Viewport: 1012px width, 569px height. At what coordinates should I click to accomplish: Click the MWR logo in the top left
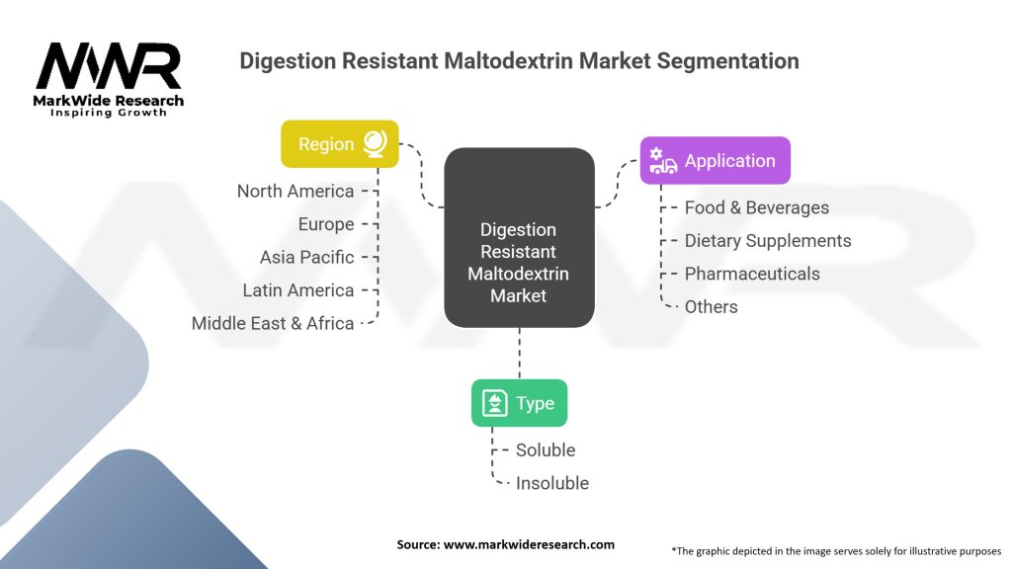point(109,77)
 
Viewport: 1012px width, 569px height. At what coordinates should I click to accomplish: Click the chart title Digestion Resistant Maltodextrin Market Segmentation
point(519,61)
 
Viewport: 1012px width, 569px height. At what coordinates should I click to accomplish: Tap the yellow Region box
point(340,144)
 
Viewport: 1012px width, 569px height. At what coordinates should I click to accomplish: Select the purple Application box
point(715,161)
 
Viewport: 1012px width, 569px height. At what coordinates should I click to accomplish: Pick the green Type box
point(519,403)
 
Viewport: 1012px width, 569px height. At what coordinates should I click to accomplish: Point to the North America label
point(295,191)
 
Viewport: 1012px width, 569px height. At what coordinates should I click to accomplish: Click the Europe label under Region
point(326,224)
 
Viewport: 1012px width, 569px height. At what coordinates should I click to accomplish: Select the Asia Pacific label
point(306,257)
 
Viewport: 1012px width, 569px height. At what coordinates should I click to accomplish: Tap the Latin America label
point(298,290)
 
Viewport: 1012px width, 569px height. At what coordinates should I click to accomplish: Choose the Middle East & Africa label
point(273,323)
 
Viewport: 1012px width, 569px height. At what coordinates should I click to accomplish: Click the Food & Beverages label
point(757,207)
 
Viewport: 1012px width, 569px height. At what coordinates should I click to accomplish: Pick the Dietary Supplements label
point(768,241)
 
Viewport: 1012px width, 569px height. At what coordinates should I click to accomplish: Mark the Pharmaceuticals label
point(752,274)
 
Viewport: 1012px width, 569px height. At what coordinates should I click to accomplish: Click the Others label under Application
point(712,307)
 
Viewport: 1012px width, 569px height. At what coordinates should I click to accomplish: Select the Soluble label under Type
point(546,450)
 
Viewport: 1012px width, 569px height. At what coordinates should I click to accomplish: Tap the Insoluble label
point(552,483)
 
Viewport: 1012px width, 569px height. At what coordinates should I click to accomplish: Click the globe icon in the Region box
point(375,144)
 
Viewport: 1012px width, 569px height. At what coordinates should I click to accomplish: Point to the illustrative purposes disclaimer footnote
point(836,550)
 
